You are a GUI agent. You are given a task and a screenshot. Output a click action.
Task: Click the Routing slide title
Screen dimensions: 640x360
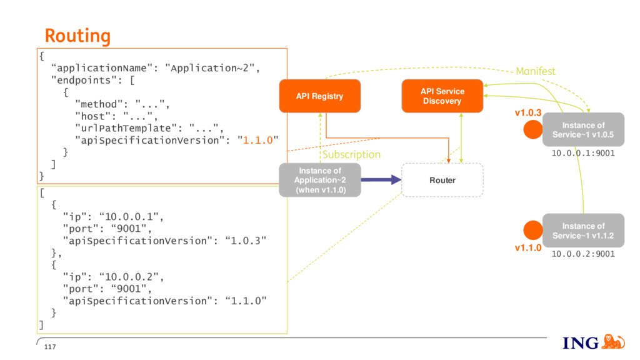tap(77, 36)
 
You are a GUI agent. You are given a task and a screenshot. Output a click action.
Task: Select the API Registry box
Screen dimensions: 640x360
tap(319, 96)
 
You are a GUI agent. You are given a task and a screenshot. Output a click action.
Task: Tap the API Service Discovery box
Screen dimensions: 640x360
tap(442, 96)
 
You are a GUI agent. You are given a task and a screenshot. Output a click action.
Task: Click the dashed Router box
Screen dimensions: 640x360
tap(442, 180)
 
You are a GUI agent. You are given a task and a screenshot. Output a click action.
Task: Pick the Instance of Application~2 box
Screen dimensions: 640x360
tap(320, 180)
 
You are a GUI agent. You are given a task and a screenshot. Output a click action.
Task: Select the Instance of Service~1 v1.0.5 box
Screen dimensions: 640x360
tap(583, 129)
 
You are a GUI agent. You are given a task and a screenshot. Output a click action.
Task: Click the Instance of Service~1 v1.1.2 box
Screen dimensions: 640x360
tap(583, 230)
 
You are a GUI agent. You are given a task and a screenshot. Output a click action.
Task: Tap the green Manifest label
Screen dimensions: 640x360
tap(536, 71)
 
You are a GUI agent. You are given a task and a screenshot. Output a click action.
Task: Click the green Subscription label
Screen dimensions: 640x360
tap(351, 155)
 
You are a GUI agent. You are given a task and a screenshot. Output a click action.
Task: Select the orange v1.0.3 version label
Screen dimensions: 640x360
tap(527, 112)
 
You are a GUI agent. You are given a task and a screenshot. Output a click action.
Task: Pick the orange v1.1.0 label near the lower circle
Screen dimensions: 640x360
tap(527, 247)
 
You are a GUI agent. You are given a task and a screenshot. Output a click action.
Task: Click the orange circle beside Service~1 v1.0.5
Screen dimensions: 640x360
tap(533, 129)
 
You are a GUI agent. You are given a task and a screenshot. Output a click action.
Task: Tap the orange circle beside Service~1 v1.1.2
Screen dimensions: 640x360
tap(533, 230)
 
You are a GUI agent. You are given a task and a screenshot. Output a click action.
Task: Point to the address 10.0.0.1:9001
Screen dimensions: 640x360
tap(583, 153)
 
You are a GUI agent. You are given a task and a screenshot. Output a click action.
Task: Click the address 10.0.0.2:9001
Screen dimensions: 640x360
tap(583, 254)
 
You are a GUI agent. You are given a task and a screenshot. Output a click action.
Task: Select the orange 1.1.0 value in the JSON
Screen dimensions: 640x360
tap(258, 141)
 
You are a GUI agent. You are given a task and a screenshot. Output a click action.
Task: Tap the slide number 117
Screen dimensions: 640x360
tap(50, 347)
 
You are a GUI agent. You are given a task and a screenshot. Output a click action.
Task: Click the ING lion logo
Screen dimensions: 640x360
tap(614, 342)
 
